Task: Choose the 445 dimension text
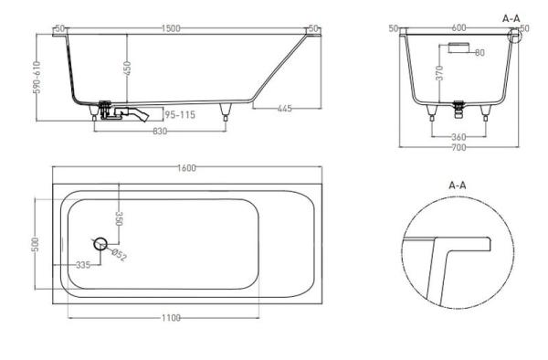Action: coord(283,109)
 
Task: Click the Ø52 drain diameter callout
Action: coord(118,255)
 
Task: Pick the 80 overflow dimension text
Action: coord(478,52)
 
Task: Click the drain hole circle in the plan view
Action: coord(100,243)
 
